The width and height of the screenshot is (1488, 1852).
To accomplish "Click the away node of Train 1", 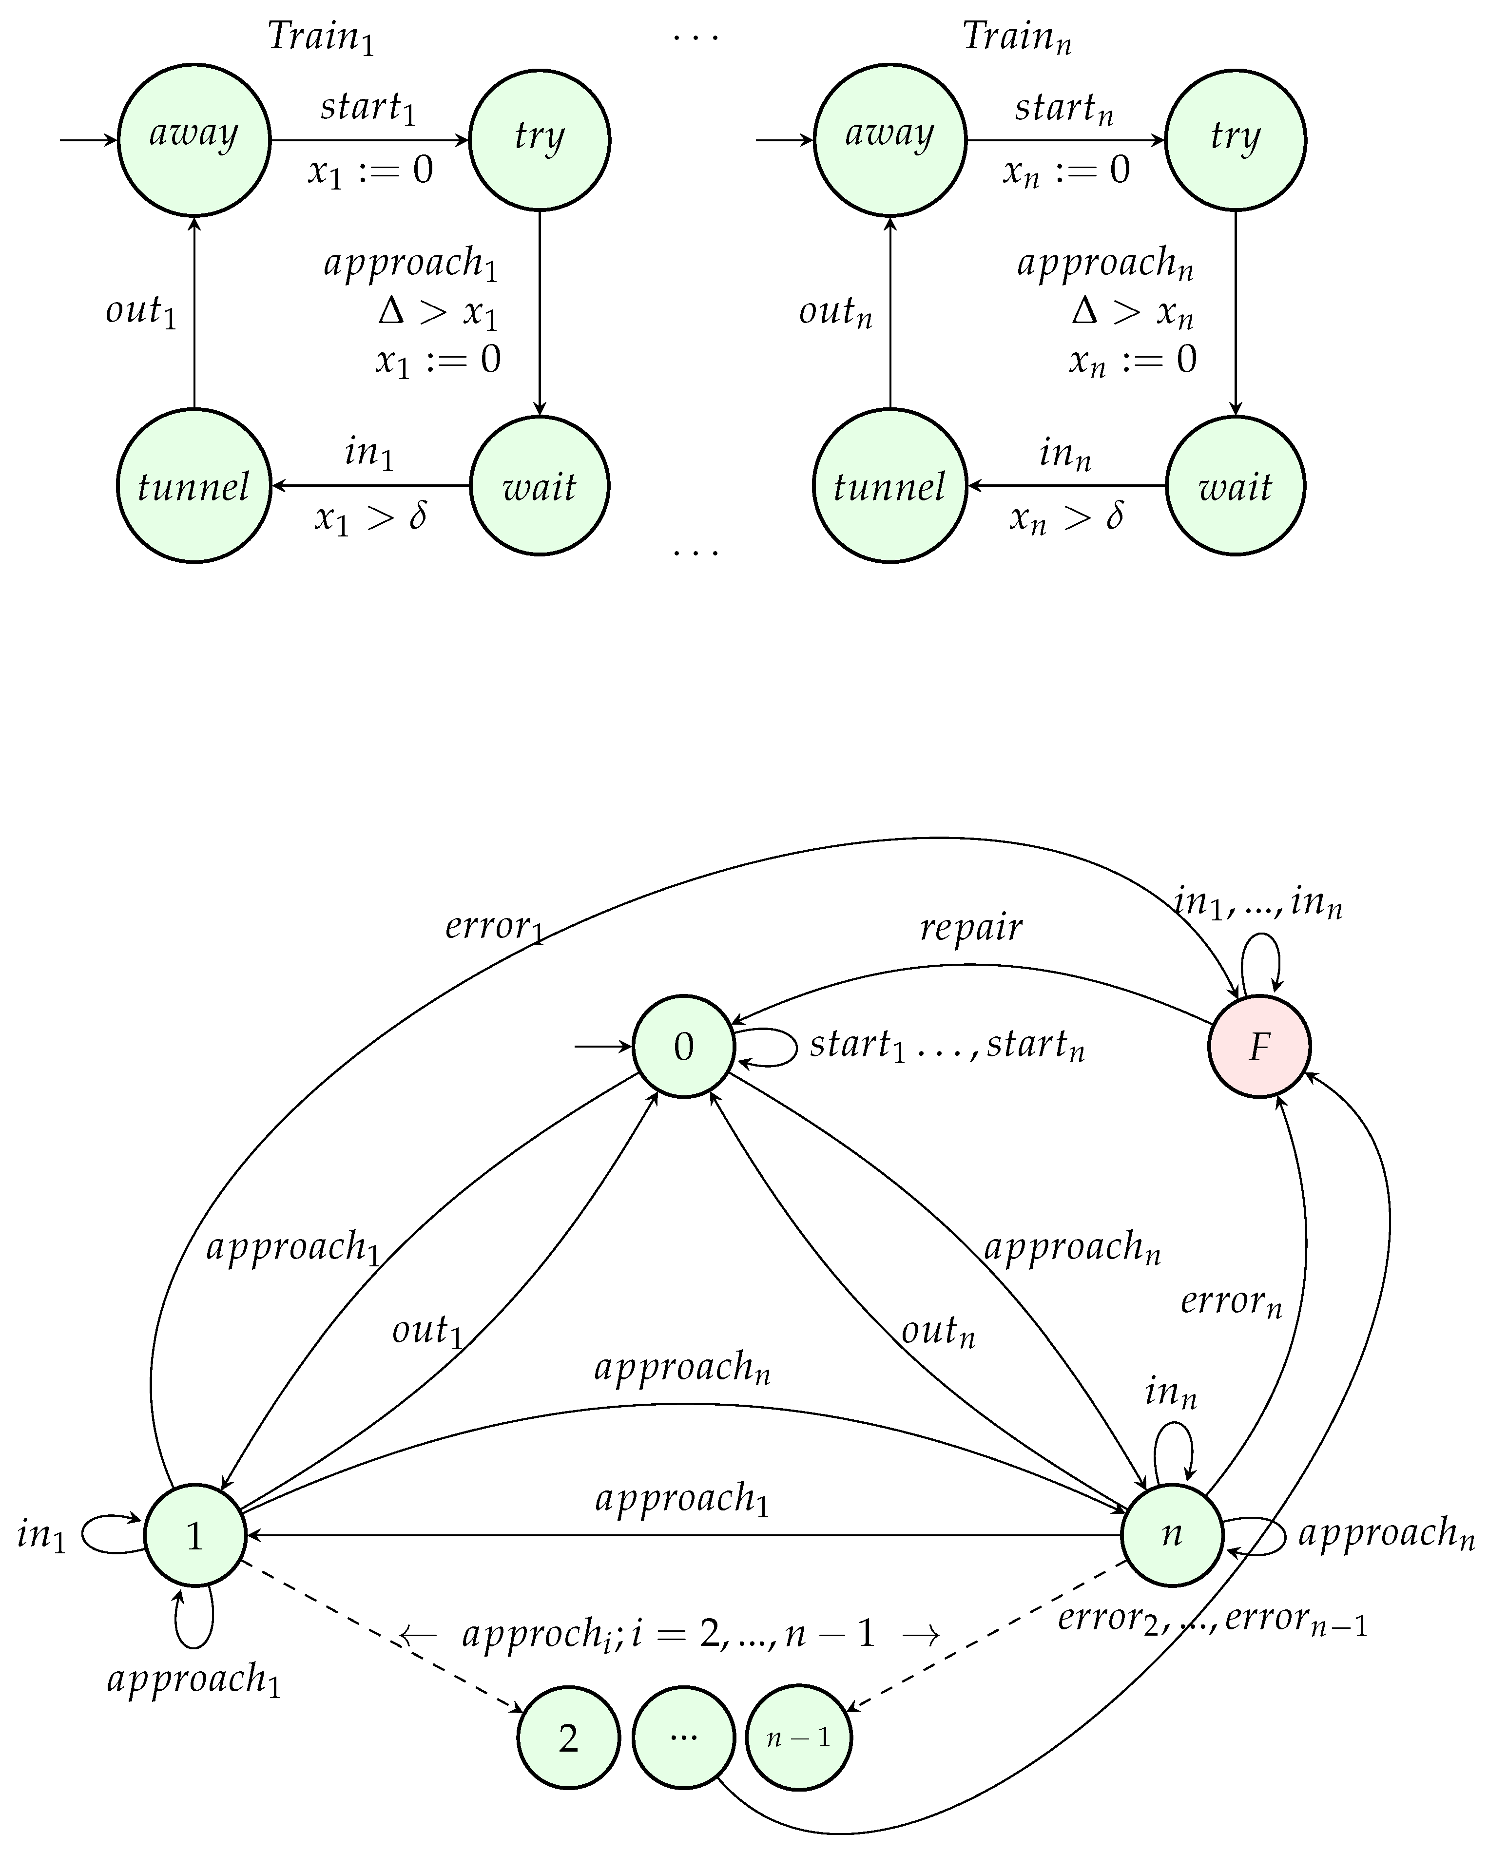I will (x=194, y=139).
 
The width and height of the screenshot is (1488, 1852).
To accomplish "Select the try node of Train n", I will (x=1235, y=139).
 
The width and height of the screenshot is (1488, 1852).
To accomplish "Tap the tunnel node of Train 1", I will (x=194, y=486).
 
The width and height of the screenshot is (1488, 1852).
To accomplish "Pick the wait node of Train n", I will (x=1235, y=486).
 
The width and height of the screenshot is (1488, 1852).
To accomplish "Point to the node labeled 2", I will (x=568, y=1738).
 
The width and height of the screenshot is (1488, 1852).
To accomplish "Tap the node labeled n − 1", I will (x=799, y=1738).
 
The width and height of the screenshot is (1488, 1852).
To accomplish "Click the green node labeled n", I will (x=1172, y=1534).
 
